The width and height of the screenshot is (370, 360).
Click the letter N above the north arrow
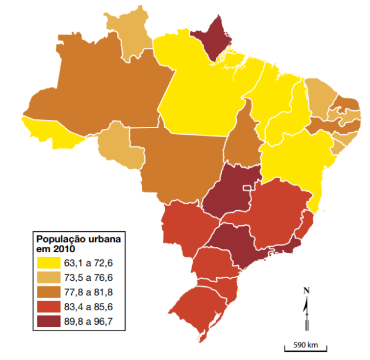[307, 291]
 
